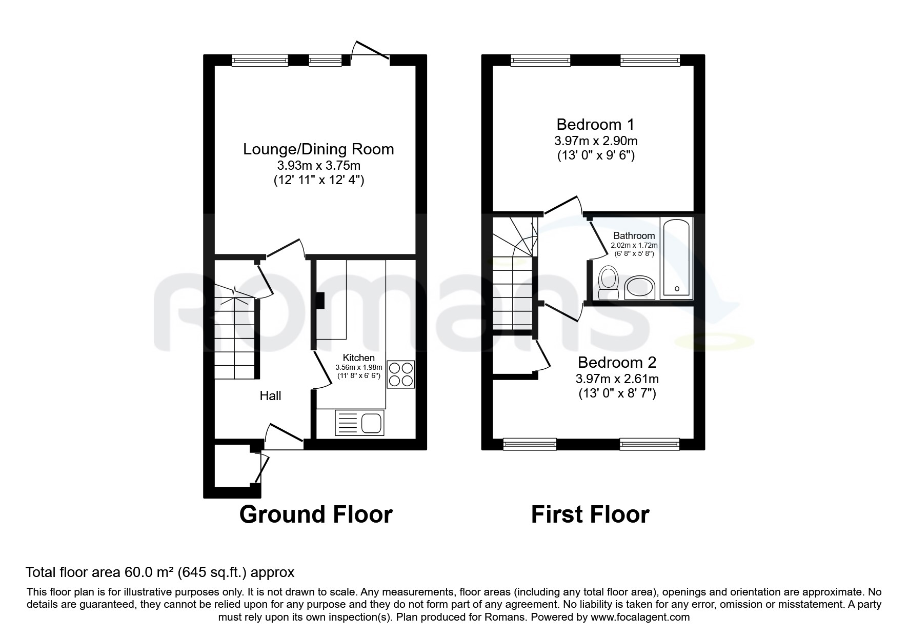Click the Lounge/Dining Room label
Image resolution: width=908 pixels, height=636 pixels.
coord(318,149)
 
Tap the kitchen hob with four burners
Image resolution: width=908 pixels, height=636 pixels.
coord(400,374)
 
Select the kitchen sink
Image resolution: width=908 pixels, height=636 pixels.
coord(359,423)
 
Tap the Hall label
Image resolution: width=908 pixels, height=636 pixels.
coord(270,395)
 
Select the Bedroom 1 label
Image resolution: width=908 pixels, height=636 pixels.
coord(595,125)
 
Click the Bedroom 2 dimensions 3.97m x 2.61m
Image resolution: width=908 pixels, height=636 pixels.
coord(617,379)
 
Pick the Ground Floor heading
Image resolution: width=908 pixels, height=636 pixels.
coord(316,514)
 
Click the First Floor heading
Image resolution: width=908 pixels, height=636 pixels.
coord(590,514)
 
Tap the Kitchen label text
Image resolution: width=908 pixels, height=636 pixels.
coord(358,357)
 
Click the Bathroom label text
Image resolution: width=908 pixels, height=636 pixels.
coord(634,236)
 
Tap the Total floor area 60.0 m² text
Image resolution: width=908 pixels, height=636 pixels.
coord(160,572)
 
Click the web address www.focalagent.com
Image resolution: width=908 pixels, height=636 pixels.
coord(640,617)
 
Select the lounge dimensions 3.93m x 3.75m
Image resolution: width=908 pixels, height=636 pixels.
coord(318,166)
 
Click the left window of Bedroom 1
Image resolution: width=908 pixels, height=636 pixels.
coord(540,61)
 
